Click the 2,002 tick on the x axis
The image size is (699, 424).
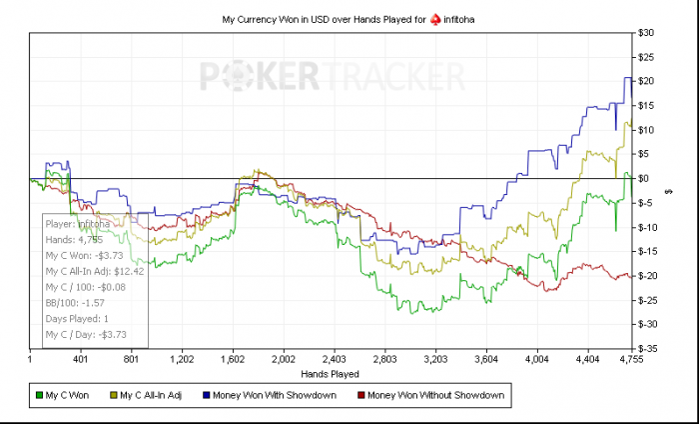[284, 358]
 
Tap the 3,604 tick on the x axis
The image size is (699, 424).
[486, 358]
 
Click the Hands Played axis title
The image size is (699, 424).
[332, 373]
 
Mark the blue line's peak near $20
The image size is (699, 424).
[627, 78]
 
